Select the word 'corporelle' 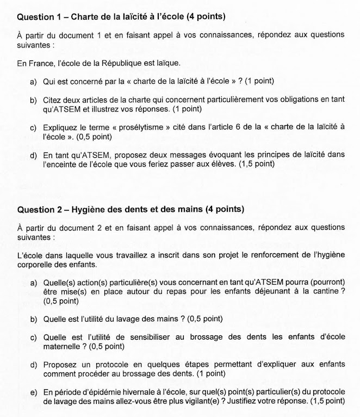38,265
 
